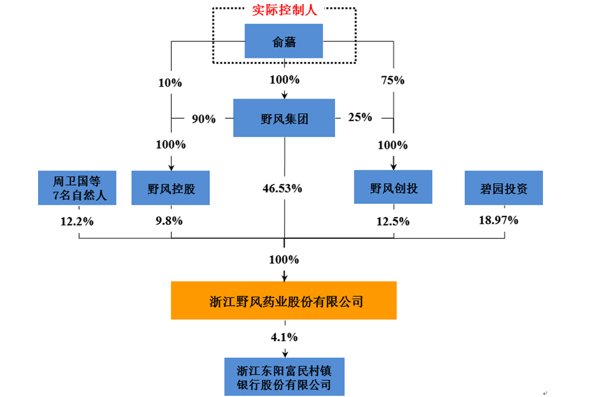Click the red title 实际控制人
click(x=285, y=10)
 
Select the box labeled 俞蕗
click(x=284, y=41)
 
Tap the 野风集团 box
click(x=284, y=118)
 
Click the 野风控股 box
click(x=171, y=188)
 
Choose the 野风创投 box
click(x=393, y=187)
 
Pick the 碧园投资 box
click(x=504, y=188)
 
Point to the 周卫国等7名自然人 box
click(x=77, y=188)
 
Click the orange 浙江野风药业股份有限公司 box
click(x=284, y=300)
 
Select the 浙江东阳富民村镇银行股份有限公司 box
click(x=285, y=377)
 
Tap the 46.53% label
click(x=282, y=189)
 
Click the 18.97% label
click(x=498, y=220)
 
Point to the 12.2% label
click(x=77, y=221)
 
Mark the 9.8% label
click(x=169, y=221)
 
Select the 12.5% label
click(x=393, y=221)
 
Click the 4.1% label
click(x=284, y=337)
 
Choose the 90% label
click(x=204, y=119)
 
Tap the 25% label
click(x=360, y=117)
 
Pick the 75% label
click(x=393, y=80)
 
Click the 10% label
click(x=170, y=83)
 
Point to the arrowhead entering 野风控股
click(x=171, y=168)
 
